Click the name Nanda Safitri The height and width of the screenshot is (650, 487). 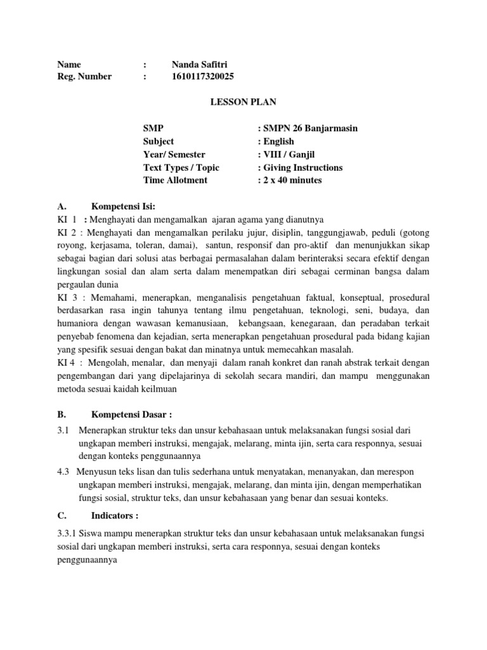click(x=200, y=64)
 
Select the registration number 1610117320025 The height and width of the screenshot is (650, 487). click(x=202, y=77)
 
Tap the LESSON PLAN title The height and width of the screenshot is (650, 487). click(x=243, y=102)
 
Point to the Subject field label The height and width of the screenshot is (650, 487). click(x=159, y=142)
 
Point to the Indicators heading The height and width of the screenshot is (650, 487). click(x=115, y=514)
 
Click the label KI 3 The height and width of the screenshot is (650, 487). click(x=67, y=298)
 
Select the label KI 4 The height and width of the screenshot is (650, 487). click(x=67, y=362)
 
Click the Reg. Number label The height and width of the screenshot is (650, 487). click(x=84, y=77)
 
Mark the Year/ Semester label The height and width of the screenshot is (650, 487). click(x=174, y=154)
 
